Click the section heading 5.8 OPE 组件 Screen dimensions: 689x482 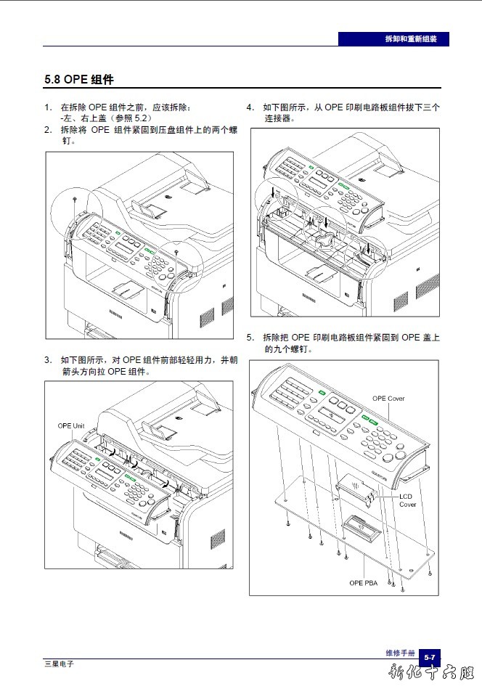coord(79,79)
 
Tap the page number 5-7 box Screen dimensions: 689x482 coord(430,657)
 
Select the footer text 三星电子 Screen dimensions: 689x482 coord(59,664)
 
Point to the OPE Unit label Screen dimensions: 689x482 coord(72,425)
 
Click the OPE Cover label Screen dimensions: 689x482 coord(388,399)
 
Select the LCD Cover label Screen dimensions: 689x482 coord(407,500)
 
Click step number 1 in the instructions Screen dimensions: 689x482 coord(47,107)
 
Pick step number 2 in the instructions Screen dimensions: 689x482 coord(47,130)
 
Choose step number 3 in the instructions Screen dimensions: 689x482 coord(47,359)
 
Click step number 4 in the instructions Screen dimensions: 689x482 coord(250,107)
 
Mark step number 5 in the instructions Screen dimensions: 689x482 coord(250,338)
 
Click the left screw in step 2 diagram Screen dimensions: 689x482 coord(75,197)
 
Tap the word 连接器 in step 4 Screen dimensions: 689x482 coord(279,118)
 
